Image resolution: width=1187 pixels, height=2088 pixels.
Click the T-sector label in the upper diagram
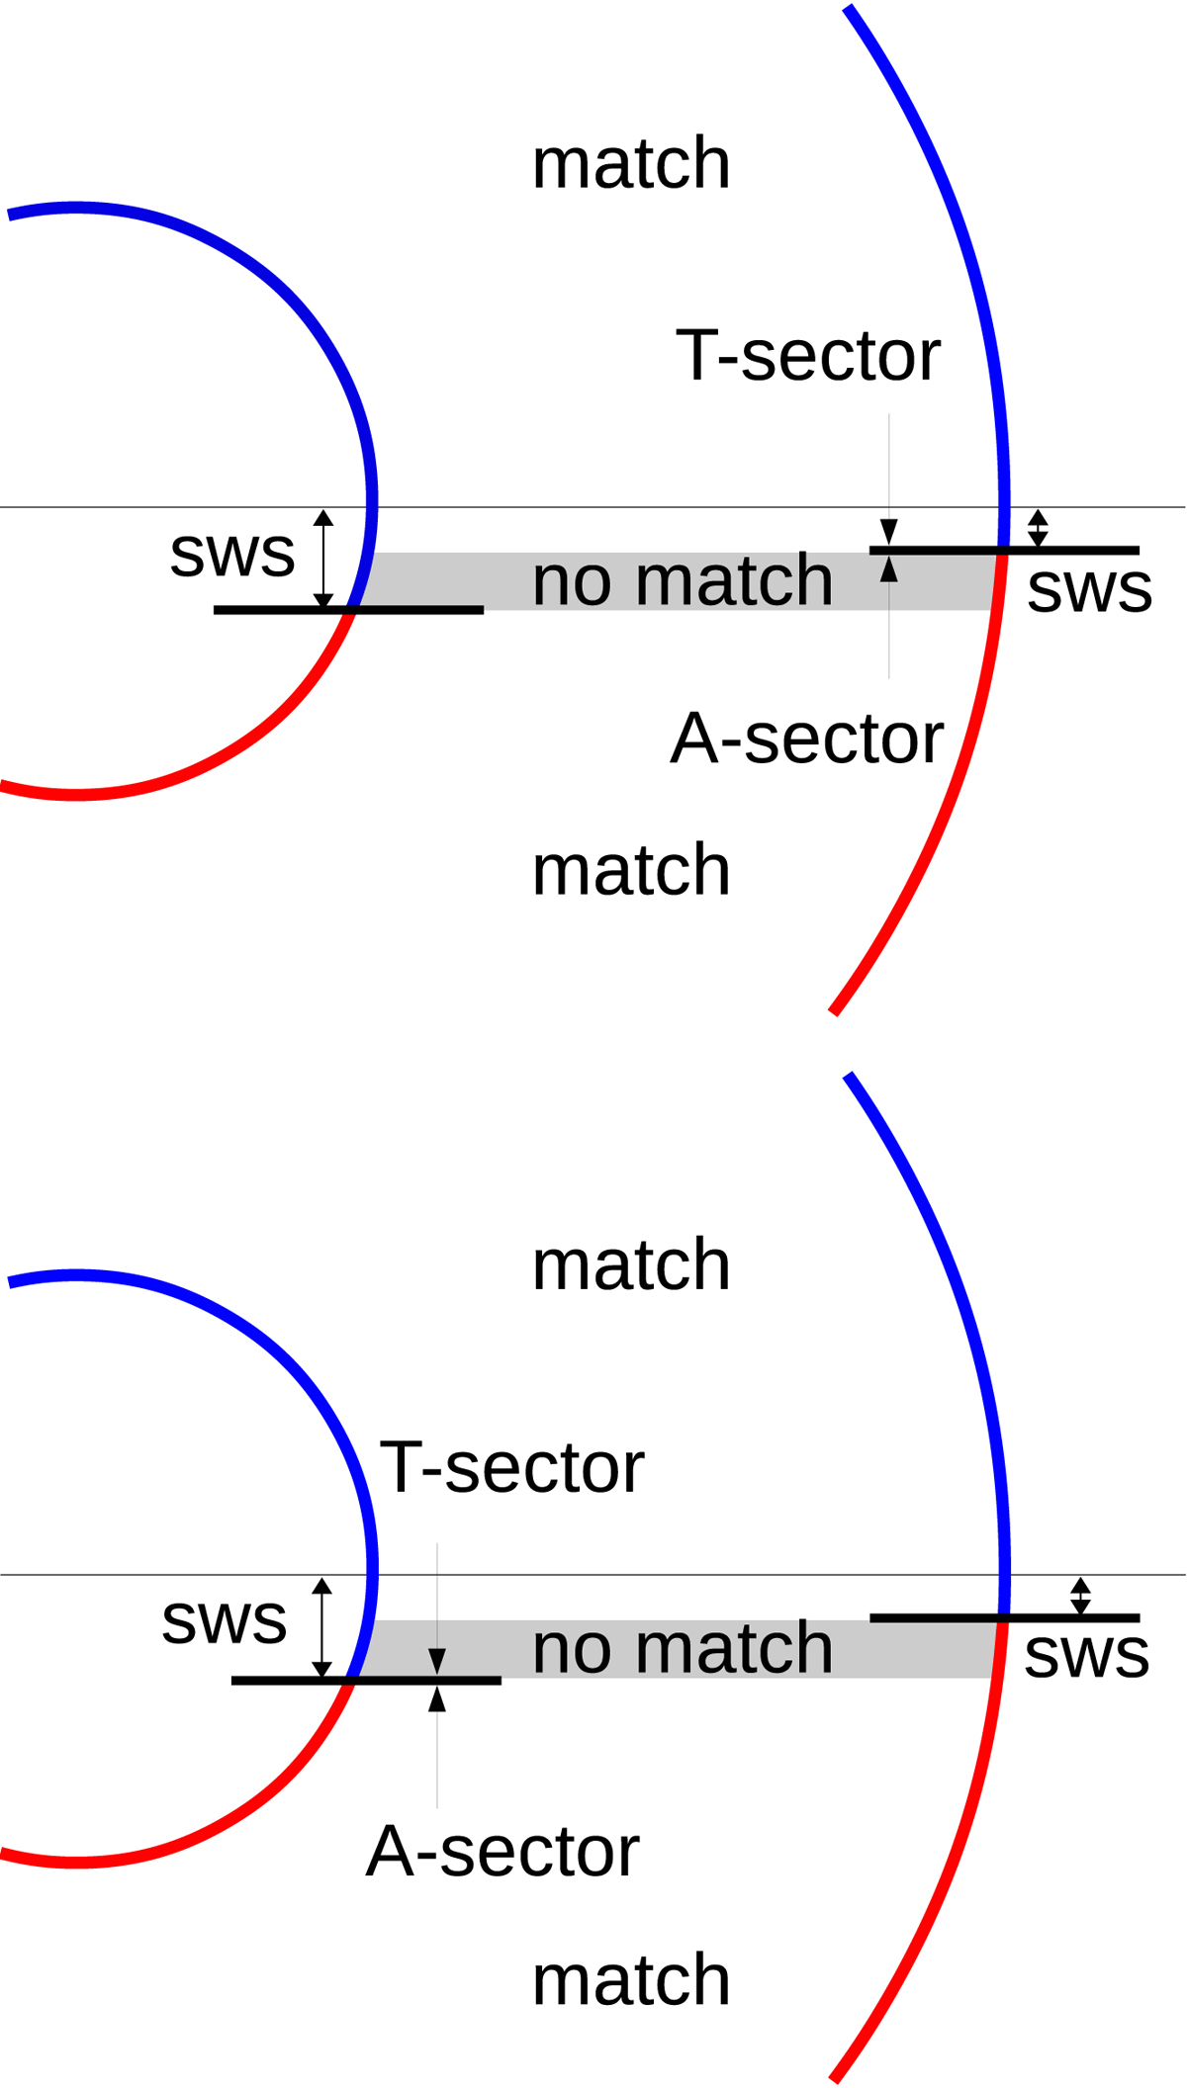pyautogui.click(x=807, y=356)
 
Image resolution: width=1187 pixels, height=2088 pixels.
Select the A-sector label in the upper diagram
pyautogui.click(x=807, y=739)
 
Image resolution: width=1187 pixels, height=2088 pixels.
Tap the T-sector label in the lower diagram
pyautogui.click(x=511, y=1468)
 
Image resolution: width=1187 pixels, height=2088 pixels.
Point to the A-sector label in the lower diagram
pyautogui.click(x=502, y=1852)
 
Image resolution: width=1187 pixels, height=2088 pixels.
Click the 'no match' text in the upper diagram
pyautogui.click(x=683, y=580)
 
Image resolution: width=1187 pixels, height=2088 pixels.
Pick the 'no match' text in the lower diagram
pyautogui.click(x=683, y=1648)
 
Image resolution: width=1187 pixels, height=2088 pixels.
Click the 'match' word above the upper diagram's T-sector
pyautogui.click(x=631, y=163)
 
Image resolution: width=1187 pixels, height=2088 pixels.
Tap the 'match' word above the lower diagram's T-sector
pyautogui.click(x=631, y=1265)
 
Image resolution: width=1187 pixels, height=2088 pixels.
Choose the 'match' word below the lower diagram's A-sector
pyautogui.click(x=631, y=1981)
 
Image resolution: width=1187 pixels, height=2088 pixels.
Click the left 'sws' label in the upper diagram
pyautogui.click(x=232, y=554)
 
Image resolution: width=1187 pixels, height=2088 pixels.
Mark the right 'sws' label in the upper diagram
pyautogui.click(x=1090, y=590)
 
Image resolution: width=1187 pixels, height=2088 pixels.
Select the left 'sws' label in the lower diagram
pyautogui.click(x=225, y=1621)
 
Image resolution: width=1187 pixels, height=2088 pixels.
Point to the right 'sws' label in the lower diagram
pyautogui.click(x=1087, y=1656)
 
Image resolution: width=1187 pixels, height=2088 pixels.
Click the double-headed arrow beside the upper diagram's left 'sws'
pyautogui.click(x=323, y=559)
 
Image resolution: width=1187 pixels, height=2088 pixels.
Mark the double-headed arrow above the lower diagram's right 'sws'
pyautogui.click(x=1080, y=1596)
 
